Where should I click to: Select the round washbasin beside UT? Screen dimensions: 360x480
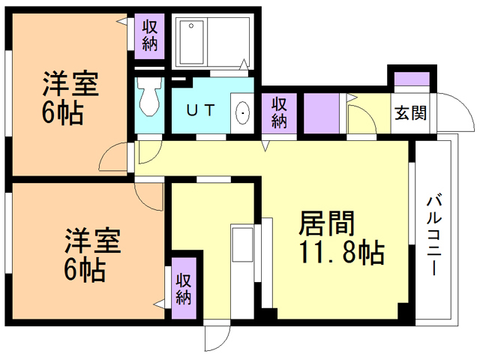point(244,113)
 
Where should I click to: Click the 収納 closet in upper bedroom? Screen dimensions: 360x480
point(148,34)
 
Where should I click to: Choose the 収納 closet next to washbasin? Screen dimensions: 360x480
point(280,112)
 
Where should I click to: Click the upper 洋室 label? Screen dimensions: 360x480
point(70,83)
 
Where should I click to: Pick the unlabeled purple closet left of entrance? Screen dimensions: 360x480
point(321,112)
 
